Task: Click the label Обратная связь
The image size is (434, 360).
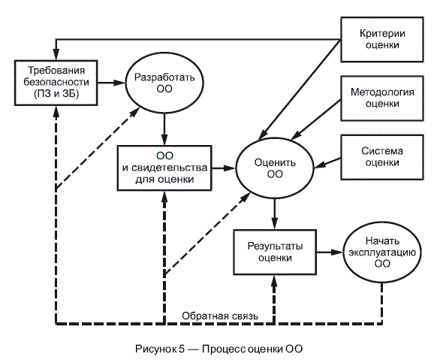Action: [220, 316]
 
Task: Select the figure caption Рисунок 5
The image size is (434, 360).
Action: [160, 349]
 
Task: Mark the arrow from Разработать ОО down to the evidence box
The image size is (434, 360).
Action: [164, 129]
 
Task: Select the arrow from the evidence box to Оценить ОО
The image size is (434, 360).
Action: [224, 168]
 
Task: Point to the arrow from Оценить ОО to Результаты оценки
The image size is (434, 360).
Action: [275, 214]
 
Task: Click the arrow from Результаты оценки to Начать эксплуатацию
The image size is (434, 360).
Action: [330, 253]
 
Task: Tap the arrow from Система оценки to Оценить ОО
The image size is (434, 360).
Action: [327, 163]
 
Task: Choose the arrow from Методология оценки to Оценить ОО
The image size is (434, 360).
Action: [316, 119]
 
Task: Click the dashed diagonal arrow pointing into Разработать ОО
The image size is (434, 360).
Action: [98, 149]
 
